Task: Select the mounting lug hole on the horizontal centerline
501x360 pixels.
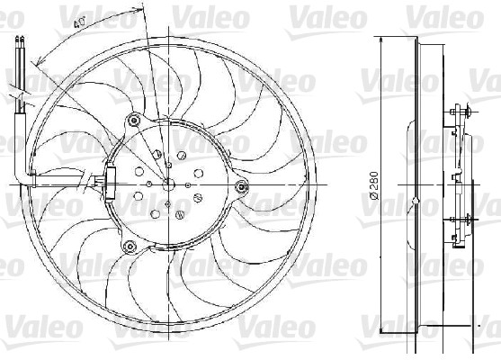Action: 240,185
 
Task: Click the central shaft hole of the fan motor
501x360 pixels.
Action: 168,183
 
